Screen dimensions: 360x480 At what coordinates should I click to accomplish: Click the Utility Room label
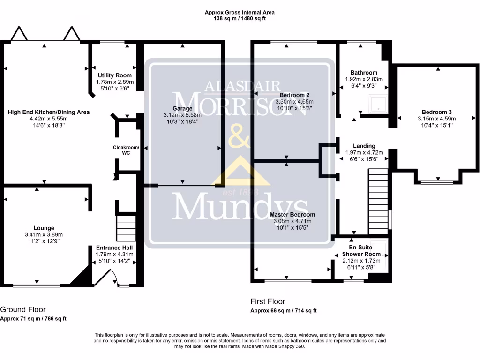(x=114, y=75)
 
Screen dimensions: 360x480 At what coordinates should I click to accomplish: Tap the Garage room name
(x=182, y=108)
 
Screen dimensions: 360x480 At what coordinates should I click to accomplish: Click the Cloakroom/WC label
(x=126, y=150)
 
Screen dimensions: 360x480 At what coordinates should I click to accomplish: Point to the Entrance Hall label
(x=114, y=247)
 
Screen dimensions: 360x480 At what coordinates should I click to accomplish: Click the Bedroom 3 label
(x=436, y=112)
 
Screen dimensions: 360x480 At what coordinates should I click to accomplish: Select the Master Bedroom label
(x=292, y=215)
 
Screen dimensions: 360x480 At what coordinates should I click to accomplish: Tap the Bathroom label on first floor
(x=364, y=73)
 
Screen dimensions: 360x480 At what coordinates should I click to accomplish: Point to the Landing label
(x=364, y=146)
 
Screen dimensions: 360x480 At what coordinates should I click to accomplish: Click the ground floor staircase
(x=126, y=227)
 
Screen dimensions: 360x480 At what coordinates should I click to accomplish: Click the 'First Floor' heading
(x=268, y=301)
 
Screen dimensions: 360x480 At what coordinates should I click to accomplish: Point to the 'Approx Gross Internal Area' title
(x=240, y=13)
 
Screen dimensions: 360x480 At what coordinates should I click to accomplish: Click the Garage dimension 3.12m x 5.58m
(x=182, y=115)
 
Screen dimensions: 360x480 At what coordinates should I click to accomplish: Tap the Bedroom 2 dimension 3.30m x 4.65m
(x=294, y=101)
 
